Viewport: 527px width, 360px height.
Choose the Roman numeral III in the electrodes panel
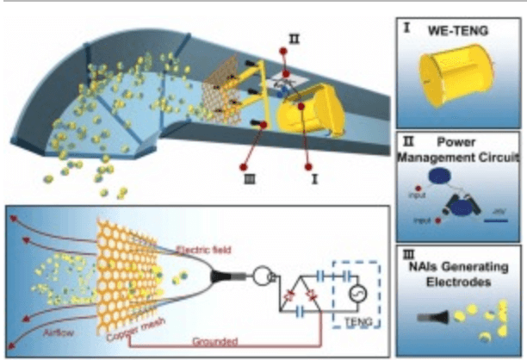[410, 257]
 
